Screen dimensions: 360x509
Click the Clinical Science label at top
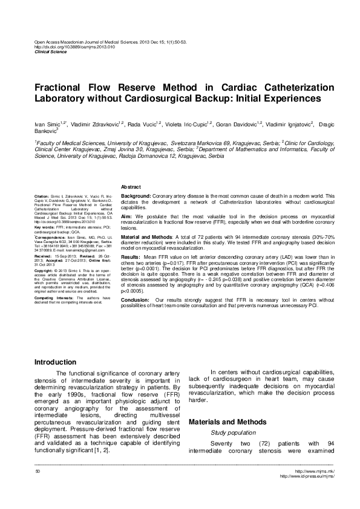pos(50,52)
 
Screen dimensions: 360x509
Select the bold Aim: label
pos(127,216)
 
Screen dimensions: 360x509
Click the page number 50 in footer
pos(38,471)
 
